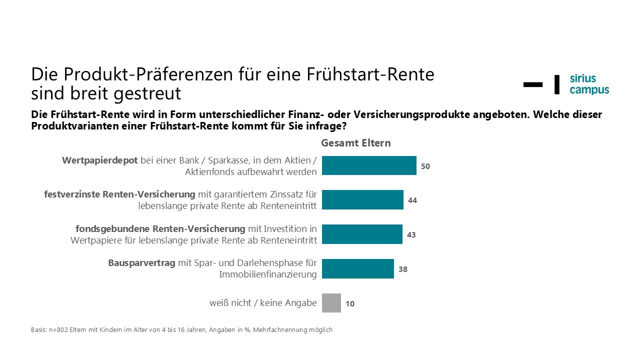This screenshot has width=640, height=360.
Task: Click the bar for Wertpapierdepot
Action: point(369,165)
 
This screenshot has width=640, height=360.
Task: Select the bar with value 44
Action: point(362,200)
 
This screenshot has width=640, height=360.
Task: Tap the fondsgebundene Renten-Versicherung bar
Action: point(362,234)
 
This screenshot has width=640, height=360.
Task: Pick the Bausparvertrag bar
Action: point(358,268)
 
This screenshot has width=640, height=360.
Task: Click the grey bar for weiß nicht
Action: point(331,303)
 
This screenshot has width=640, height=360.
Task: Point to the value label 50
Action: point(425,166)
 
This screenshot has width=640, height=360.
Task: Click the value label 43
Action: point(411,234)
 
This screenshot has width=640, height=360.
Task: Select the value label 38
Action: point(403,269)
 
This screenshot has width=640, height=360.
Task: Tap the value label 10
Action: point(350,303)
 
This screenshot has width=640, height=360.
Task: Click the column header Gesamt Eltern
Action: point(355,143)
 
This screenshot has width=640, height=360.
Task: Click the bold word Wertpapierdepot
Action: point(99,160)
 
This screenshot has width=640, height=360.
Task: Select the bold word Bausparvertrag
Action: point(142,263)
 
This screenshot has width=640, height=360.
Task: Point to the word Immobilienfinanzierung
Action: point(268,274)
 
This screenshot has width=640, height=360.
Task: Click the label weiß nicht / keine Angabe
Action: point(263,303)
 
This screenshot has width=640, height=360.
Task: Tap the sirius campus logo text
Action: point(589,84)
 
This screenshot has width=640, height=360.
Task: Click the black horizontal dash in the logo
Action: point(533,84)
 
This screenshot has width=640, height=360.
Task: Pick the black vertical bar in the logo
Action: point(557,84)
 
